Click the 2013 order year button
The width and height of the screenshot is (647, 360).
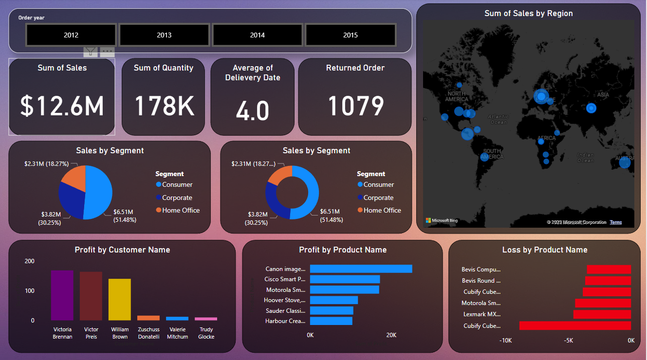[164, 35]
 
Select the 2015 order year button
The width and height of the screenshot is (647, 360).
[350, 35]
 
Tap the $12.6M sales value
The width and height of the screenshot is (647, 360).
[62, 106]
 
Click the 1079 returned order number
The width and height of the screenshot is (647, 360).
[355, 106]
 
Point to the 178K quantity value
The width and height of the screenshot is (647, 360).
[164, 106]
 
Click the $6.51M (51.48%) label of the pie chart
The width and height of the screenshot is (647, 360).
[124, 216]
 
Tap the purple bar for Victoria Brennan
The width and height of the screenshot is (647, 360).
[62, 295]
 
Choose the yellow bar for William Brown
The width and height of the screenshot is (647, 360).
[119, 299]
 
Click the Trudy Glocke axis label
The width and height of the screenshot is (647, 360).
[206, 333]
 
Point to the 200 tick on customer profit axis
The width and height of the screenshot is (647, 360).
[29, 261]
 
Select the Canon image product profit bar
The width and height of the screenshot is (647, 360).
[361, 269]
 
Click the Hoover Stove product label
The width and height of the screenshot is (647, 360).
[285, 300]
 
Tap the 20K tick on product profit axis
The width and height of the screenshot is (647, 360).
[391, 335]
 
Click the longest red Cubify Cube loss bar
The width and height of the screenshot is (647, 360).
[574, 325]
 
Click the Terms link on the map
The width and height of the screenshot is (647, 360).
[615, 222]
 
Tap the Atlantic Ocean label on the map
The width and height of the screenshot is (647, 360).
[498, 119]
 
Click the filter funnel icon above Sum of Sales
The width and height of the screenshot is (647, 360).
[91, 52]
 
